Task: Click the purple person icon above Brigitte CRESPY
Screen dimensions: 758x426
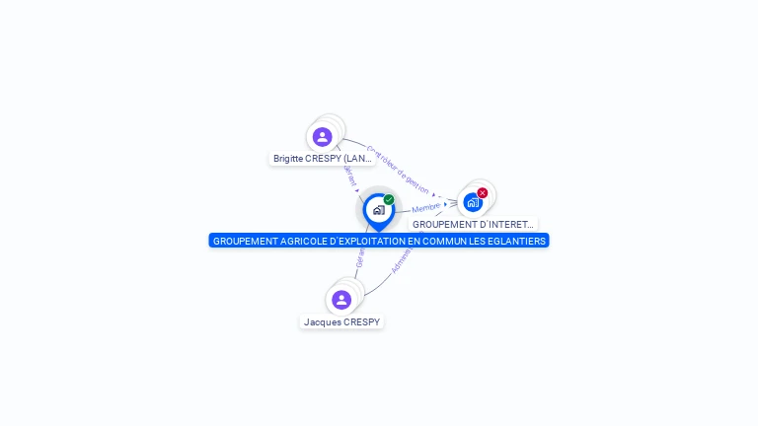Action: (322, 137)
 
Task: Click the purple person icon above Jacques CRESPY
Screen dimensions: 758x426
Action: (341, 300)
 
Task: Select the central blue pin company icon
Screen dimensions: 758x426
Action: (378, 210)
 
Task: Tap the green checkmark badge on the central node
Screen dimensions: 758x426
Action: (389, 200)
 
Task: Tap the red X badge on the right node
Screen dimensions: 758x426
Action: (483, 193)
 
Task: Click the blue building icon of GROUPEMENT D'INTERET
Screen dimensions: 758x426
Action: (473, 203)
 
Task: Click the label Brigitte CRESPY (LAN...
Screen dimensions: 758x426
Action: (323, 158)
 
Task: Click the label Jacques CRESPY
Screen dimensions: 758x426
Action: (341, 322)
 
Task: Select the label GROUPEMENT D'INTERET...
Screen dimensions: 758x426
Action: (473, 225)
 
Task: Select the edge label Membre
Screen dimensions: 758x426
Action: (426, 208)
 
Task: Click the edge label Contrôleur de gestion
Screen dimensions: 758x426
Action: (398, 170)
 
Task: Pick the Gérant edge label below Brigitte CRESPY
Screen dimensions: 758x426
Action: (349, 175)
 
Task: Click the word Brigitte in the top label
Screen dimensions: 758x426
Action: (288, 158)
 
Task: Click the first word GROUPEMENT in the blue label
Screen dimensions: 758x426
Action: (244, 241)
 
